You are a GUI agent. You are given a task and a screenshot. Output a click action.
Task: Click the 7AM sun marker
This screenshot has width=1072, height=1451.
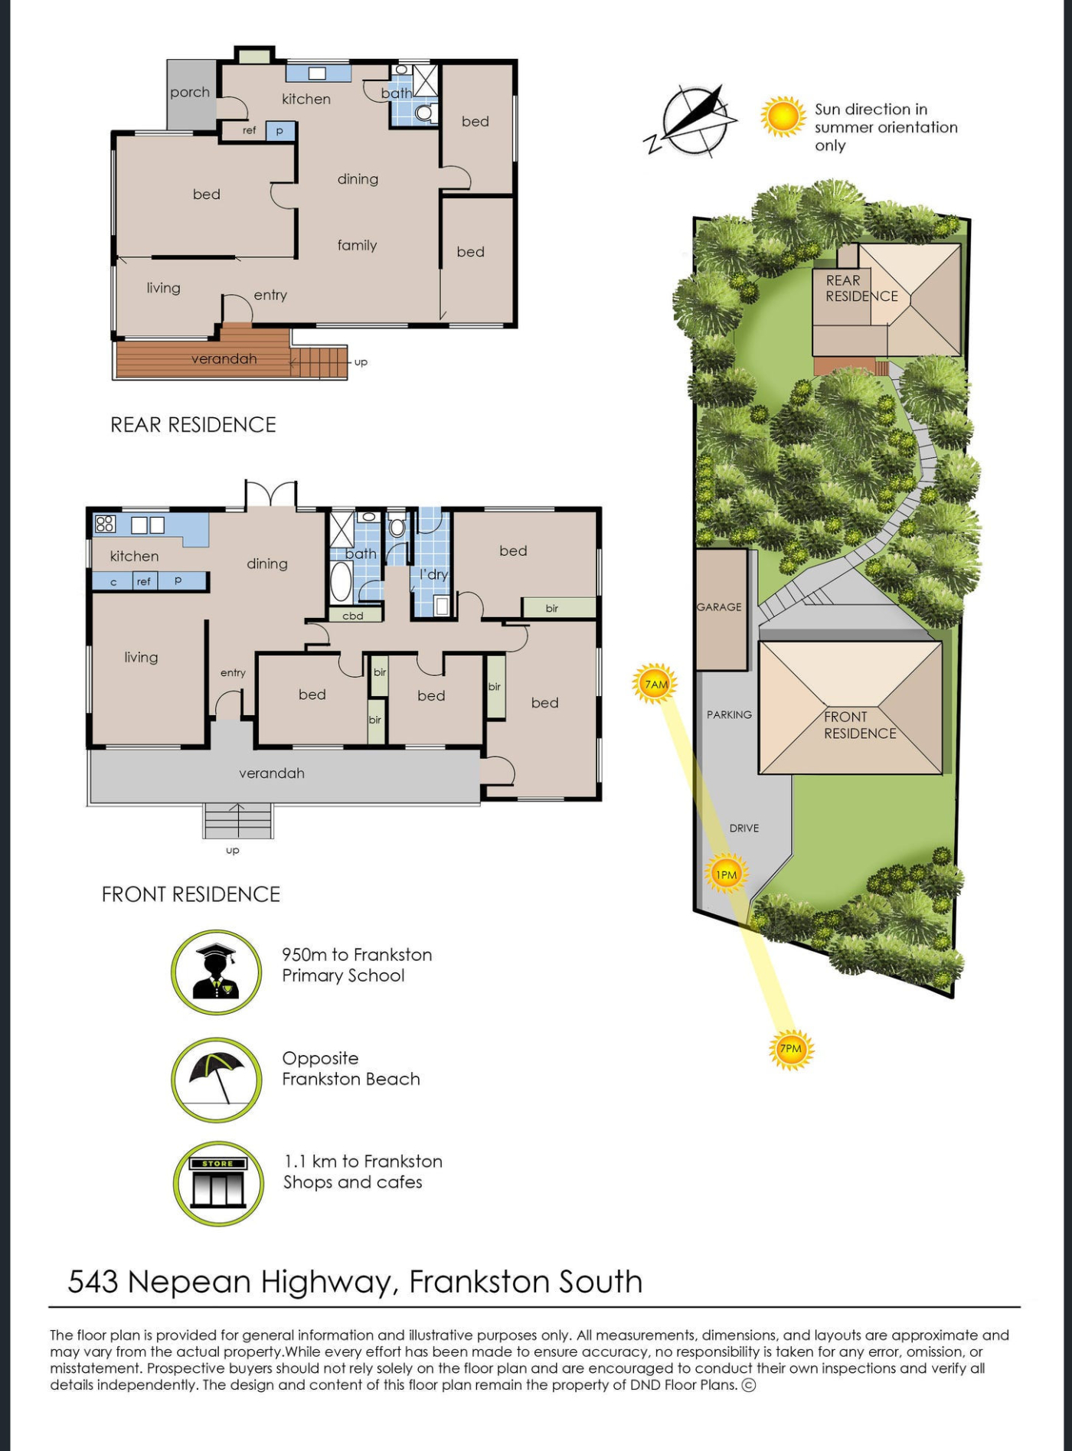pyautogui.click(x=655, y=684)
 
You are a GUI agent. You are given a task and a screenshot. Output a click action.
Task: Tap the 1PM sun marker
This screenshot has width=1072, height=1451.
pyautogui.click(x=725, y=874)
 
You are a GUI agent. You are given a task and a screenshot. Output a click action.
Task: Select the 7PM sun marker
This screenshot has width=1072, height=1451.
pyautogui.click(x=790, y=1048)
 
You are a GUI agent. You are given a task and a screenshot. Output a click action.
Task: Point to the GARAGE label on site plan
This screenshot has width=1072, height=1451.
pyautogui.click(x=719, y=607)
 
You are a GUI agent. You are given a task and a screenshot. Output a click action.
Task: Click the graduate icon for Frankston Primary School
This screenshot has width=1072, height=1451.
pyautogui.click(x=217, y=972)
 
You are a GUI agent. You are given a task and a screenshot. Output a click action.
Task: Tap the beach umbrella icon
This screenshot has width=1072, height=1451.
pyautogui.click(x=217, y=1079)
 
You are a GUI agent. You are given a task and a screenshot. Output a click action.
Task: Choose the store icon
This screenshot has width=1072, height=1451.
pyautogui.click(x=218, y=1183)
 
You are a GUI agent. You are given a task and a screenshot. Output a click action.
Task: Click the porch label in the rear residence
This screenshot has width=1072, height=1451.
pyautogui.click(x=190, y=93)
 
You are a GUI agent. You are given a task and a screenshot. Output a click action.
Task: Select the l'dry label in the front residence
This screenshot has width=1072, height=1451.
pyautogui.click(x=433, y=574)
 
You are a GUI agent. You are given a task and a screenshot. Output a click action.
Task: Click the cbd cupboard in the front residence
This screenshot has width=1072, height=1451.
pyautogui.click(x=354, y=615)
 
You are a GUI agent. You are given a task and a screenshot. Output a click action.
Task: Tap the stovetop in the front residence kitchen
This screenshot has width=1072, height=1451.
pyautogui.click(x=105, y=524)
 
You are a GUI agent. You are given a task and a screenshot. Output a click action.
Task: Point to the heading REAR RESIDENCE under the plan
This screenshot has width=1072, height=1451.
pyautogui.click(x=193, y=425)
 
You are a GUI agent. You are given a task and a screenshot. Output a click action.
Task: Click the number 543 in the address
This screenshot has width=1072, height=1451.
pyautogui.click(x=93, y=1282)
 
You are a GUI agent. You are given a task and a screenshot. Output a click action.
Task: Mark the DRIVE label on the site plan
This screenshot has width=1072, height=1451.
pyautogui.click(x=744, y=828)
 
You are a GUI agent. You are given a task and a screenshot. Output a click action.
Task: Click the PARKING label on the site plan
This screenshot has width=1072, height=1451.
pyautogui.click(x=729, y=714)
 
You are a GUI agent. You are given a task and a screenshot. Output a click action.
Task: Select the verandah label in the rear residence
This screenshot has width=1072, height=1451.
pyautogui.click(x=224, y=359)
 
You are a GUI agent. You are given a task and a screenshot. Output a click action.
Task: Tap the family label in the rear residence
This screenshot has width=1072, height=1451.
pyautogui.click(x=357, y=245)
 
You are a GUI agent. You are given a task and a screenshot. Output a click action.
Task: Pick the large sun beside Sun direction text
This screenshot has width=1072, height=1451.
pyautogui.click(x=783, y=117)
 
